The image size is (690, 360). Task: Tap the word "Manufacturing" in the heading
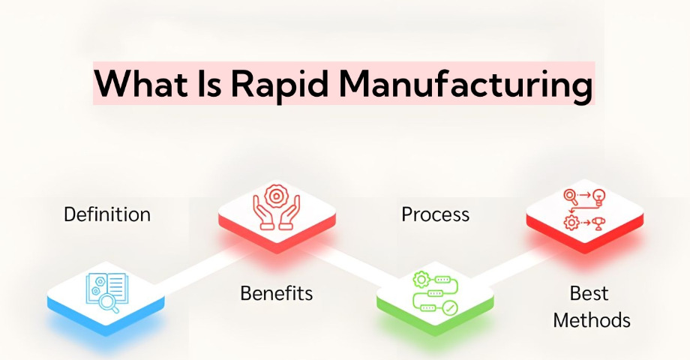(466, 83)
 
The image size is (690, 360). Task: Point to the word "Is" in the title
(208, 83)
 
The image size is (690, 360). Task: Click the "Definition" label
(107, 214)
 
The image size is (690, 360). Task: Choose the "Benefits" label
(276, 293)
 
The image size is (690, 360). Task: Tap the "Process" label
(435, 214)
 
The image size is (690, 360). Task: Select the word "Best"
(589, 293)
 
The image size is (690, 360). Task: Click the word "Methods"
(592, 320)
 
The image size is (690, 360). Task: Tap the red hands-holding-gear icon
(276, 207)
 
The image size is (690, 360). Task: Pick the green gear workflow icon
(435, 292)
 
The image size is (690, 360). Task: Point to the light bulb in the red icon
(599, 196)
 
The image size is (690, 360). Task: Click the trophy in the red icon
(598, 223)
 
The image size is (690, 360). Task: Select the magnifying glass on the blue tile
(108, 304)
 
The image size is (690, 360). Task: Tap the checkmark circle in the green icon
(450, 308)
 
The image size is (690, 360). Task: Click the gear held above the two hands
(276, 196)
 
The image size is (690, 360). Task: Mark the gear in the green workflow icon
(421, 279)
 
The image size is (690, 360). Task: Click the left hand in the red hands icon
(262, 213)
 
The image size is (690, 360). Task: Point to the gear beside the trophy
(571, 223)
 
